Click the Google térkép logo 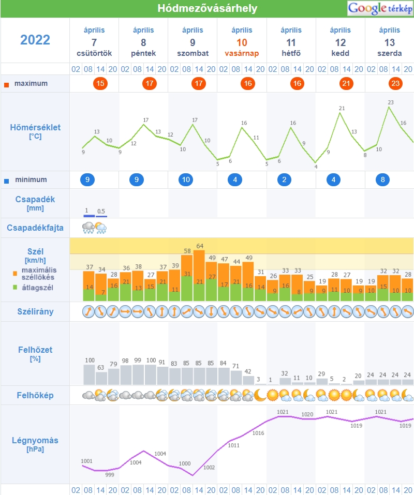[x=379, y=8]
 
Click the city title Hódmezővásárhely [x=207, y=9]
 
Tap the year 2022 [x=35, y=40]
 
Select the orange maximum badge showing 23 [x=396, y=83]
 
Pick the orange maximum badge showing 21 [x=347, y=83]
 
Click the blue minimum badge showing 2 [x=285, y=180]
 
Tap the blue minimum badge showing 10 [x=186, y=180]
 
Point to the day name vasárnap [x=242, y=53]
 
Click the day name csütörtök [x=94, y=53]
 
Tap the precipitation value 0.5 [x=101, y=211]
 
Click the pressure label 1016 [x=258, y=433]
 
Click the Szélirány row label [x=35, y=312]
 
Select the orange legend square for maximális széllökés [x=15, y=273]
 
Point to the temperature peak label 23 [x=391, y=102]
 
